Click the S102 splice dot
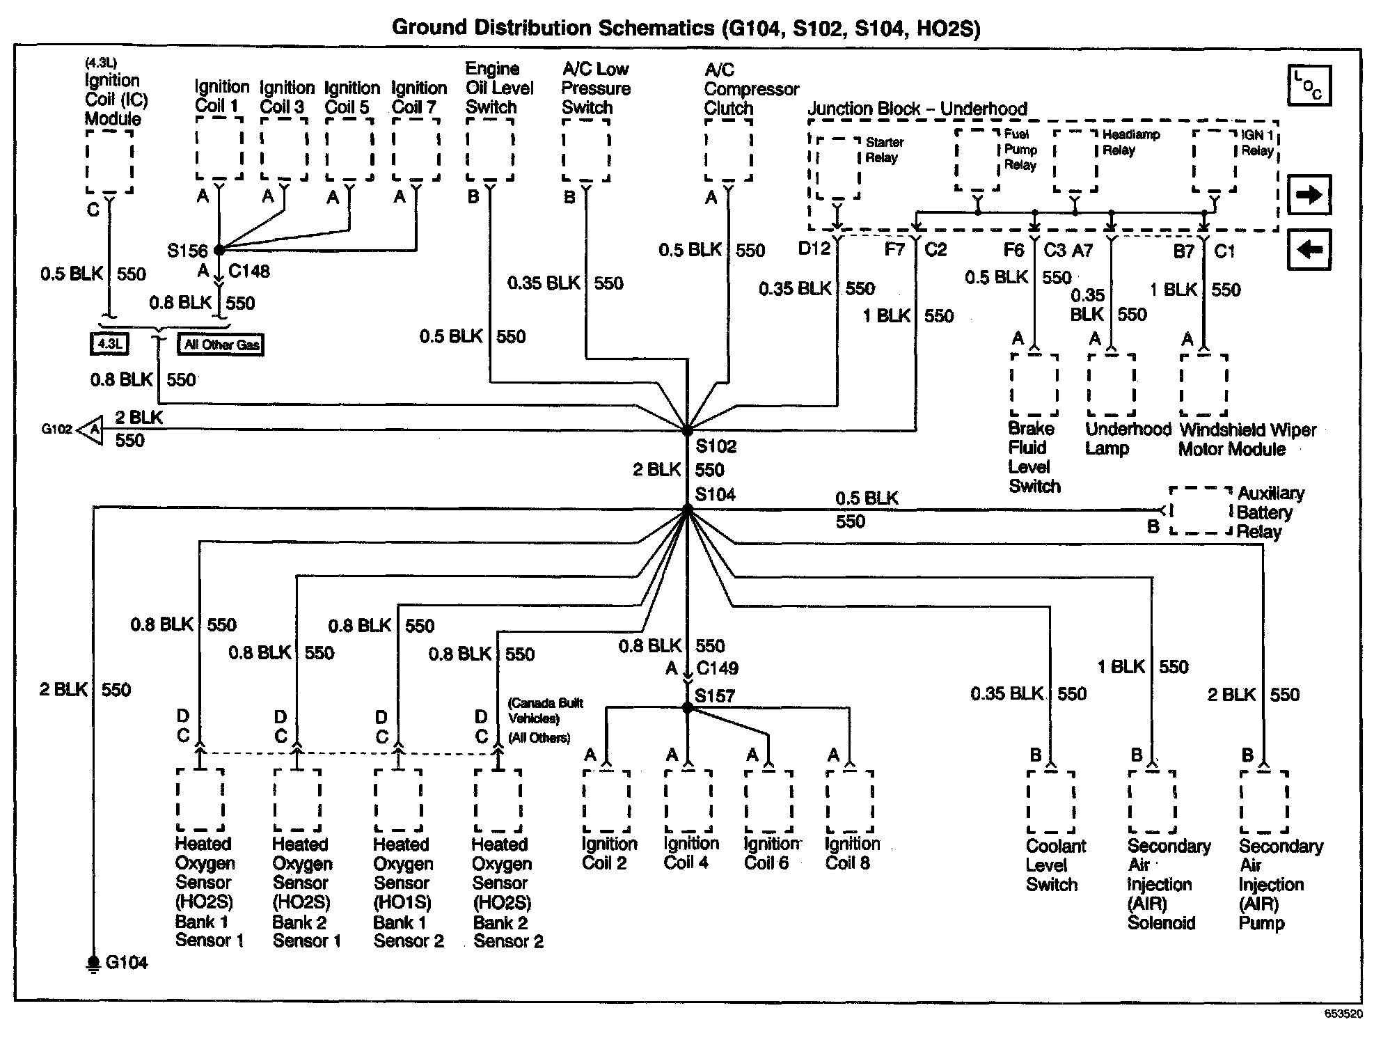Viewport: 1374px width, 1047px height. click(687, 431)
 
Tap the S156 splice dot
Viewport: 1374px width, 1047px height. click(219, 249)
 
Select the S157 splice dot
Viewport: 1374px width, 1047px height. click(688, 708)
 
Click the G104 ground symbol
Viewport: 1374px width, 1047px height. click(93, 963)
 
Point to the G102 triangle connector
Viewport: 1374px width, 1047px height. click(90, 430)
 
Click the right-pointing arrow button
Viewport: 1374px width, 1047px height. click(1309, 195)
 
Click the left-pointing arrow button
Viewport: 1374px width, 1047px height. click(1309, 249)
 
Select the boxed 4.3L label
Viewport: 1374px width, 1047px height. click(109, 343)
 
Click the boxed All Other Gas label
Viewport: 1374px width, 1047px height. click(221, 345)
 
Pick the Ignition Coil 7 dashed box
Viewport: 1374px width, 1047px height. click(416, 148)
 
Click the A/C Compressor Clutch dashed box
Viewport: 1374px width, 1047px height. click(728, 150)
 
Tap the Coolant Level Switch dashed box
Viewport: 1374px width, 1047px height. click(1051, 801)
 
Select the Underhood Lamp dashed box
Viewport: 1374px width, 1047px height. click(1111, 385)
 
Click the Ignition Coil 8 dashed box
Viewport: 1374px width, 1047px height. click(848, 801)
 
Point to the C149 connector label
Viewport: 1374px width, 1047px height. click(717, 668)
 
